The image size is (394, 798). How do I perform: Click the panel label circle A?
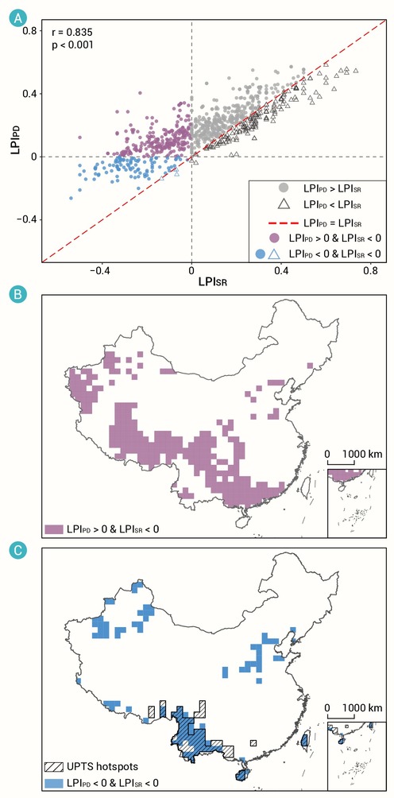click(17, 19)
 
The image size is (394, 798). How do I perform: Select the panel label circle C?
click(17, 551)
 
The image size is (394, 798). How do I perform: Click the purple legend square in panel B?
click(53, 529)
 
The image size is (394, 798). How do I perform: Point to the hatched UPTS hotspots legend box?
click(53, 766)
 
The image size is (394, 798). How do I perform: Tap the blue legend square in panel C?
click(53, 781)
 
